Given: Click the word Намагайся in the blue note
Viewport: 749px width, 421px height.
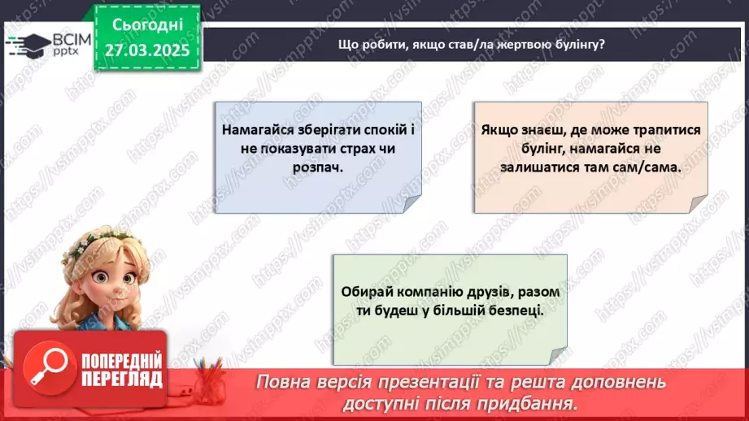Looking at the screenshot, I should [256, 130].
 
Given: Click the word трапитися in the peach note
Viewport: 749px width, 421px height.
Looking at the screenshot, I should [660, 130].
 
